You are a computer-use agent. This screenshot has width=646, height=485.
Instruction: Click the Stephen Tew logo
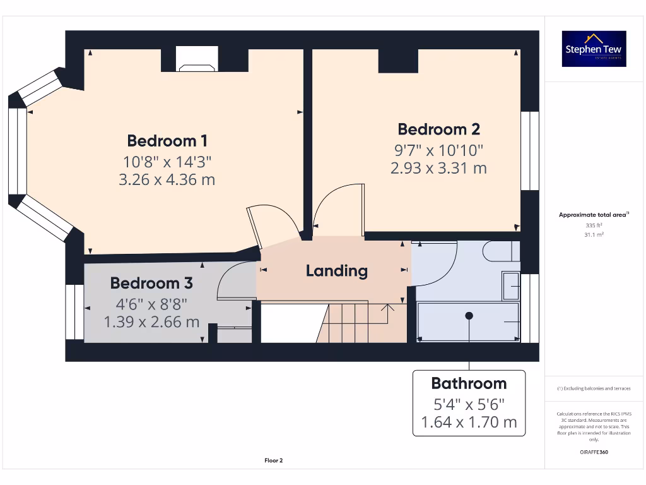pos(594,49)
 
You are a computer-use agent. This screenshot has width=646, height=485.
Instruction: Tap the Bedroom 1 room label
pos(167,140)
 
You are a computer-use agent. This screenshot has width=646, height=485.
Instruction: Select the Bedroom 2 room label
pos(438,129)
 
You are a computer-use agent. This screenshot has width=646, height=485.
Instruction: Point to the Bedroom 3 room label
pos(151,283)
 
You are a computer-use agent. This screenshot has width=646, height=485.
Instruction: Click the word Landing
pos(336,271)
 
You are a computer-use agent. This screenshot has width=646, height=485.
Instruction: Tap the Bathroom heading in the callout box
pos(469,383)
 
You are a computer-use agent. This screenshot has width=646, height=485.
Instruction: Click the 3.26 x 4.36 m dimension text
pos(167,180)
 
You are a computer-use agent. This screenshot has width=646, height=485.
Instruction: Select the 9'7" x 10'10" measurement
pos(438,150)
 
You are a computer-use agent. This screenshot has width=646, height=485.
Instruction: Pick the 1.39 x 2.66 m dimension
pos(151,322)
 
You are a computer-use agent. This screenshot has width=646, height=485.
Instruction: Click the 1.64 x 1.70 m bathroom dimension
pos(469,421)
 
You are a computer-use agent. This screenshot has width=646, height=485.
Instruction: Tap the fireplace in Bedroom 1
pos(197,61)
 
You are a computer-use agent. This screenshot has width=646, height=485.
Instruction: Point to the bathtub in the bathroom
pos(468,321)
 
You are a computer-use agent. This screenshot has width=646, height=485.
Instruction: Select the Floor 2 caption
pos(273,461)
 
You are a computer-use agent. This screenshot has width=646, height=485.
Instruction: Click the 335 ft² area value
pos(594,225)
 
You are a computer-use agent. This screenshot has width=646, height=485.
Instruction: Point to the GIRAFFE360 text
pos(594,452)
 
